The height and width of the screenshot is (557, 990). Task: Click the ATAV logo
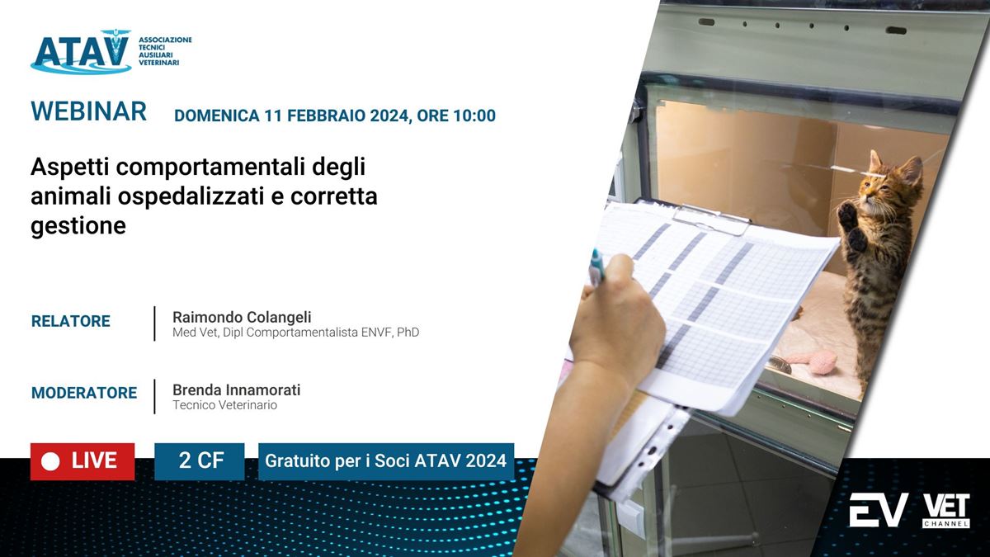click(111, 51)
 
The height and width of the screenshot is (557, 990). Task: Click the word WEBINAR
click(88, 111)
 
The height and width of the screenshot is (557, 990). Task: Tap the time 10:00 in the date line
click(474, 116)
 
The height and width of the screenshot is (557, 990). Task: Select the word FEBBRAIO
click(326, 116)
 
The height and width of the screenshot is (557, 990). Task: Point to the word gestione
click(78, 226)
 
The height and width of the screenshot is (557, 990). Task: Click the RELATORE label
click(71, 321)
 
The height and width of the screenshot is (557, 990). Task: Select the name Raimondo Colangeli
click(242, 317)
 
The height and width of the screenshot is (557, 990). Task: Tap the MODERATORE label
click(84, 393)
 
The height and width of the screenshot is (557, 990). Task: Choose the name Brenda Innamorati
click(237, 389)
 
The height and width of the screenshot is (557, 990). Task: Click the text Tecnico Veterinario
click(224, 405)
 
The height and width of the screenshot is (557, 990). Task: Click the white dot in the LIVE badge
click(50, 462)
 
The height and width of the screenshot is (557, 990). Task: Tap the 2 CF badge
click(200, 461)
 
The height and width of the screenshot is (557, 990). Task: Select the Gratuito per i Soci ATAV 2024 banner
click(386, 461)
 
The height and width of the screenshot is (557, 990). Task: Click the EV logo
click(878, 510)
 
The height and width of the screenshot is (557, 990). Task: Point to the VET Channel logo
click(946, 511)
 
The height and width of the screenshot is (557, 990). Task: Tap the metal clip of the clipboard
click(711, 219)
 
